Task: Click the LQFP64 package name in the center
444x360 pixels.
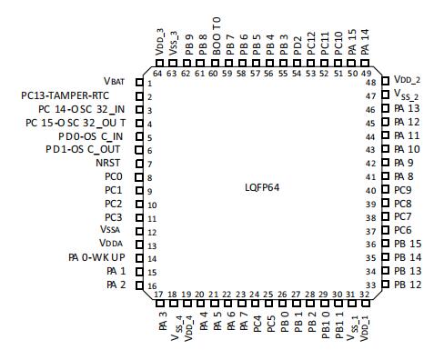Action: coord(262,187)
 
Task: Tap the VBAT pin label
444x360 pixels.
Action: coord(114,81)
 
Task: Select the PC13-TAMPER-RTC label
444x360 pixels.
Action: coord(65,95)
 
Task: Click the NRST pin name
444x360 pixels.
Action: coord(108,163)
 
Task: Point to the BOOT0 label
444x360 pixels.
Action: coord(217,36)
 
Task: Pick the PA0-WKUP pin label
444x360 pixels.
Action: coord(96,257)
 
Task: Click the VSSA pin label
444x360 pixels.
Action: coord(110,229)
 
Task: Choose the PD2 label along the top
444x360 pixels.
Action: coord(298,45)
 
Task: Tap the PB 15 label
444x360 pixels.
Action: coord(408,244)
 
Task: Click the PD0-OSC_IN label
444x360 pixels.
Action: coord(91,136)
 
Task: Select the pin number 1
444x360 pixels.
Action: coord(149,84)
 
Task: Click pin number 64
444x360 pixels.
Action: coord(157,74)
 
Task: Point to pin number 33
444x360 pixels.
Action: coord(370,285)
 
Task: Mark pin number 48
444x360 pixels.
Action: coord(370,83)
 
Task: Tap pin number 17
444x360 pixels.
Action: coord(158,295)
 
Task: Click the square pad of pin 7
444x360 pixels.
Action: coord(139,164)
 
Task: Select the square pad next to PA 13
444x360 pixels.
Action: coord(385,108)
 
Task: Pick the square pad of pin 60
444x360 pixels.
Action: coord(215,64)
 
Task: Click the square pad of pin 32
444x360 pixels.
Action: coord(366,303)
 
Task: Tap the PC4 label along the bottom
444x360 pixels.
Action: coord(257,324)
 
